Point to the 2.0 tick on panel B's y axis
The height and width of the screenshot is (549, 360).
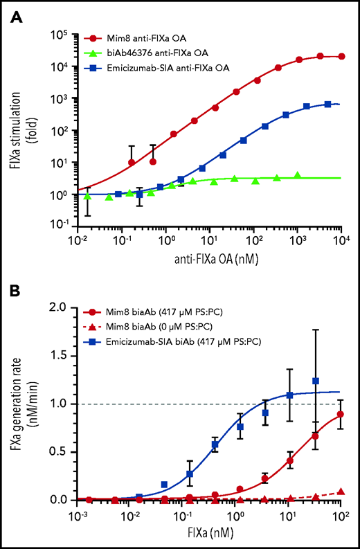click(x=66, y=306)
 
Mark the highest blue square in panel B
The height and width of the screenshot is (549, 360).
click(x=316, y=381)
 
